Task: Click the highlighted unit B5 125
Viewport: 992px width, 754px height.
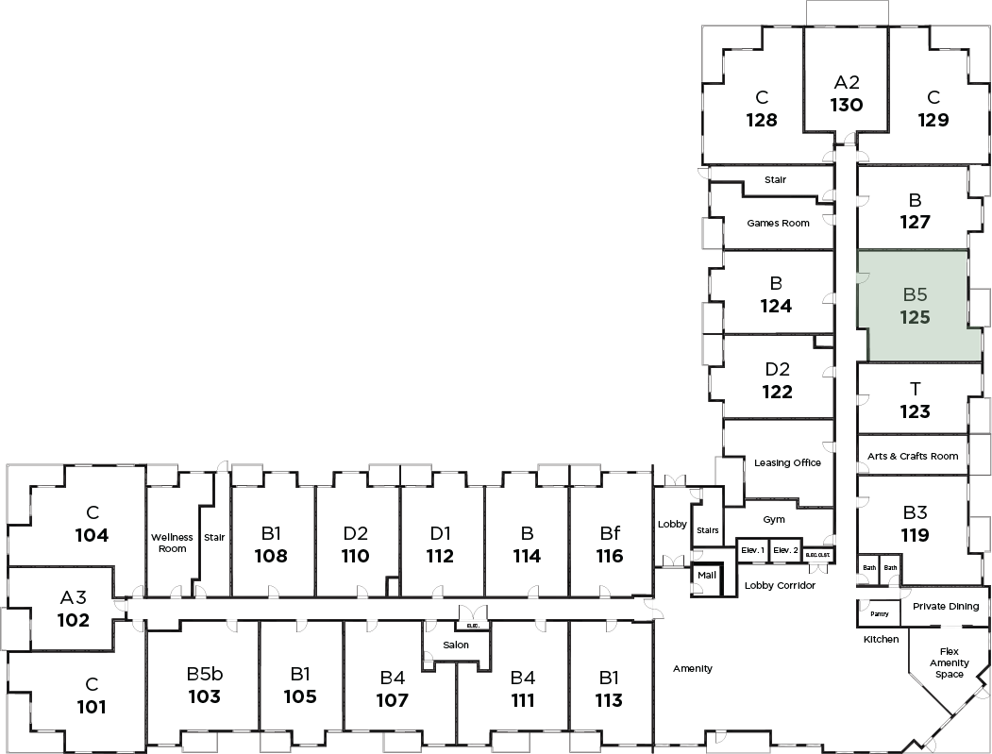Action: click(915, 307)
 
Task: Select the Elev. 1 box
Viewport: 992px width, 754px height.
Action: click(752, 549)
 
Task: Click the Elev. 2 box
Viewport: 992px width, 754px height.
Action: click(784, 549)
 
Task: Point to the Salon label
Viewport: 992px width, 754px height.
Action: click(457, 645)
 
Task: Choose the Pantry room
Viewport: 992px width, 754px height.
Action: click(879, 613)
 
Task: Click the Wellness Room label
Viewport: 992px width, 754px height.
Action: click(172, 543)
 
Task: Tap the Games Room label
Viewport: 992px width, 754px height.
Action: click(778, 224)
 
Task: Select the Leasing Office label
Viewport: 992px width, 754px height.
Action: click(787, 462)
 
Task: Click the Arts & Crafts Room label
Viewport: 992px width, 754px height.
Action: click(912, 456)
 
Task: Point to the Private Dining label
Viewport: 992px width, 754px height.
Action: click(945, 607)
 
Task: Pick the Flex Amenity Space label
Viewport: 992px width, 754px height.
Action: click(950, 662)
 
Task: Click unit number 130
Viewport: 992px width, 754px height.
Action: click(847, 105)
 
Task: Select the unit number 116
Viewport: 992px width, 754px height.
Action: click(610, 556)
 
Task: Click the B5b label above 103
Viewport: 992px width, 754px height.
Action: click(204, 674)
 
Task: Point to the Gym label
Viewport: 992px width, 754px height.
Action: click(774, 519)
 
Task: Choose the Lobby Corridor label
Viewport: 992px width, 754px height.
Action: click(780, 585)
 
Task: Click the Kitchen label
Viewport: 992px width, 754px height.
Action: click(881, 639)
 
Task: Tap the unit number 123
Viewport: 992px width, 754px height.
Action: click(915, 411)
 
